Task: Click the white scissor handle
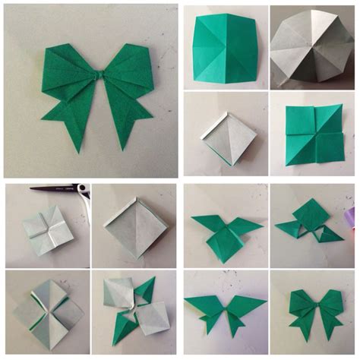coord(84,191)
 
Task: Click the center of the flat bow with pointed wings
coord(225,308)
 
